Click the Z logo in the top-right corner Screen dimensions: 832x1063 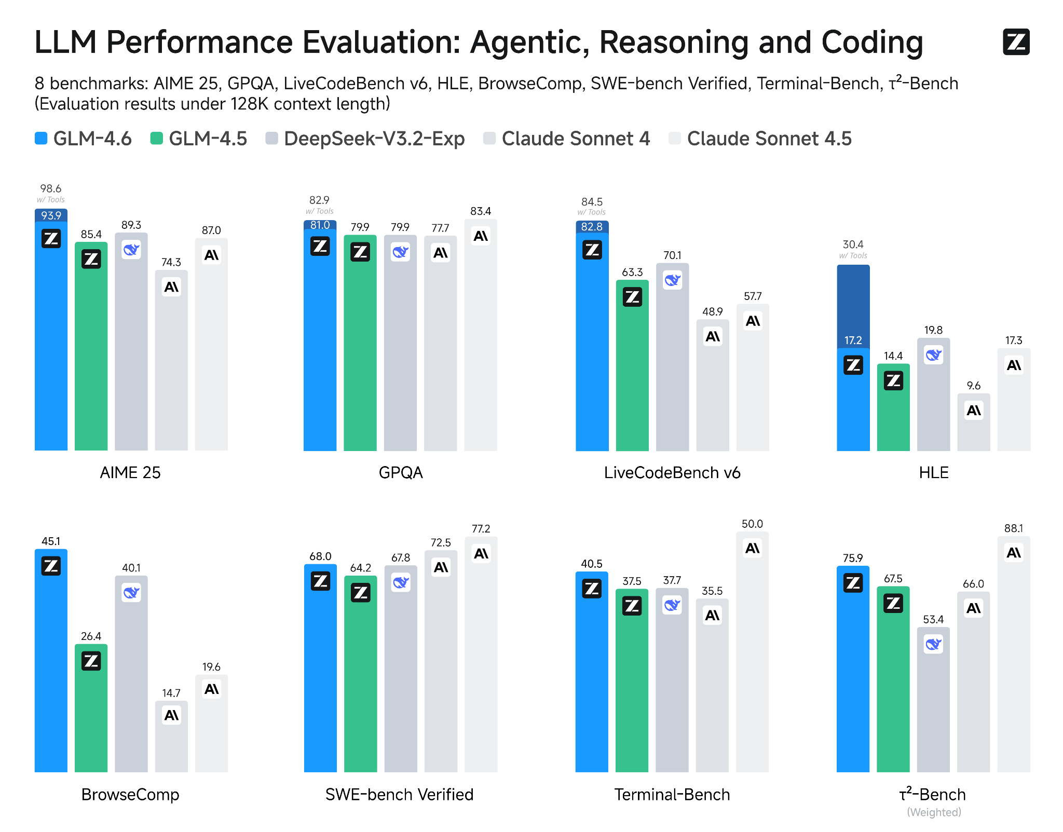point(1016,42)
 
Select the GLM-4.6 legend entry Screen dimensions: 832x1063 point(83,139)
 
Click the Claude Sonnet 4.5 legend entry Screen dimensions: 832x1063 point(760,139)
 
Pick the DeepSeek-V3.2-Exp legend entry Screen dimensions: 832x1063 point(365,139)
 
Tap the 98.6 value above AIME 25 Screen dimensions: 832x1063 point(51,188)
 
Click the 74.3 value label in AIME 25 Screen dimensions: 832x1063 point(171,262)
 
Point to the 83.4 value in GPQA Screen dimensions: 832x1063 point(481,211)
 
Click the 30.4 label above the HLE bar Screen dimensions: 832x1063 point(853,244)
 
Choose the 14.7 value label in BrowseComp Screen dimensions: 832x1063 point(171,693)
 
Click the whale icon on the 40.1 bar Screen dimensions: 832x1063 point(131,592)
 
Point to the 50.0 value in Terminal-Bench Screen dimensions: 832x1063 point(752,524)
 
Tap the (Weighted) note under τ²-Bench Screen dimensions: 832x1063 point(934,812)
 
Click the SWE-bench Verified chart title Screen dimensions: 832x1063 point(399,794)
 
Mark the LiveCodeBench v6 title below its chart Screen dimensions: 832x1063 point(672,472)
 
